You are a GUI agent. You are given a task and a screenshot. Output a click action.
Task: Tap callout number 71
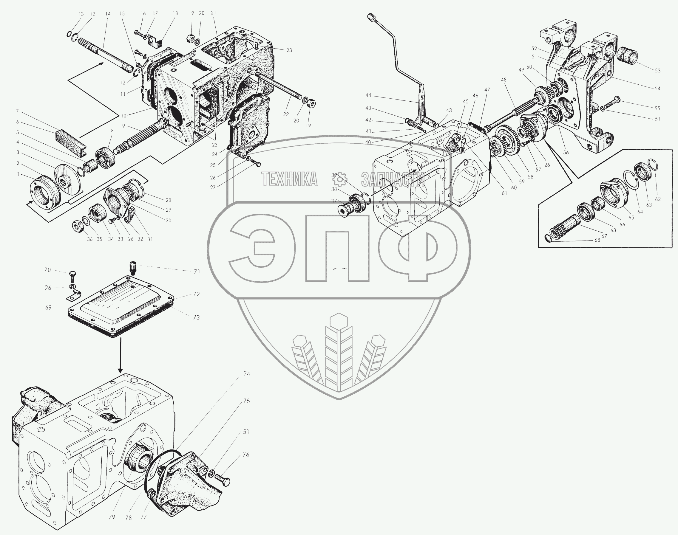click(x=197, y=272)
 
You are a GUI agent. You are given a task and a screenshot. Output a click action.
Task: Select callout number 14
click(x=108, y=14)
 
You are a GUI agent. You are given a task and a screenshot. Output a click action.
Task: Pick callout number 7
click(x=18, y=111)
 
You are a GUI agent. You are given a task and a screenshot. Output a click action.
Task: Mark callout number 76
click(x=246, y=455)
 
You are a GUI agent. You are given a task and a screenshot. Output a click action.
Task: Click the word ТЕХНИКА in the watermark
click(x=290, y=179)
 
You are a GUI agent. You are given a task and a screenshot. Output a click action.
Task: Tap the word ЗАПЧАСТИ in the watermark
click(x=393, y=179)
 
